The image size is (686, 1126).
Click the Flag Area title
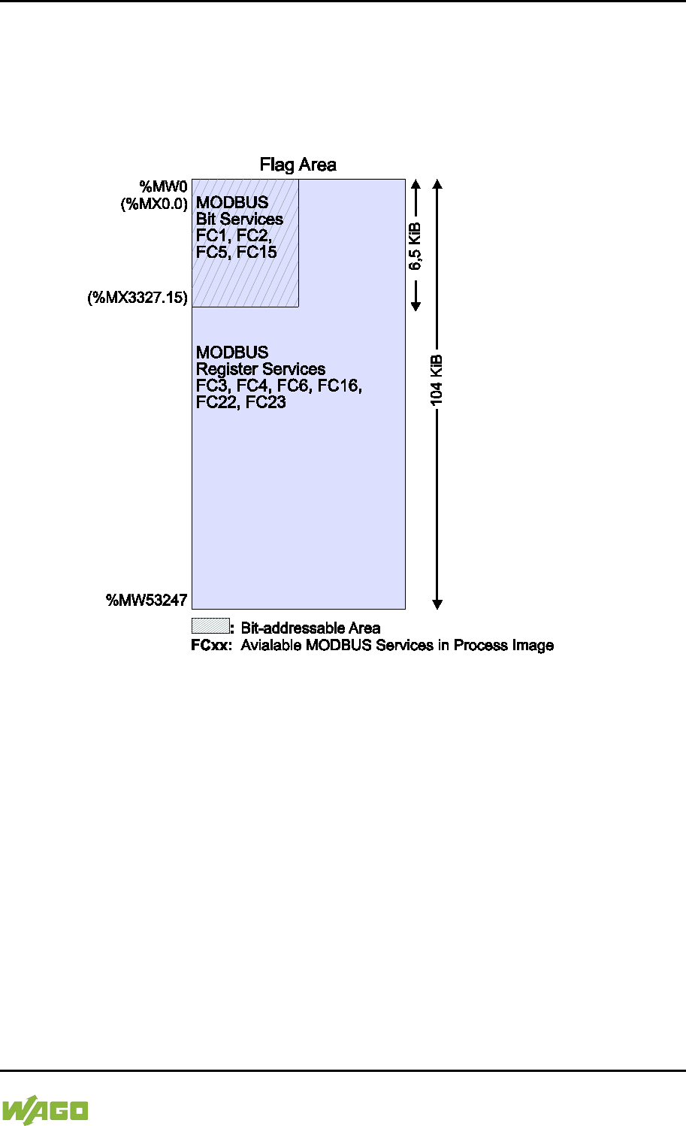tap(298, 165)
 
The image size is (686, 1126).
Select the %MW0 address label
tap(163, 186)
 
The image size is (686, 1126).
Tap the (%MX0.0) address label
tap(154, 203)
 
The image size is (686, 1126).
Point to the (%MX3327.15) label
tap(138, 298)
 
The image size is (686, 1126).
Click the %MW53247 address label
tap(147, 600)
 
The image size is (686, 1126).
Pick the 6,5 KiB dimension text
tap(416, 247)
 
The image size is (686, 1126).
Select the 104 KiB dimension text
tap(437, 380)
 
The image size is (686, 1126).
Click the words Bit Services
tap(240, 219)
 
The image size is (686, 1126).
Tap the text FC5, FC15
tap(236, 252)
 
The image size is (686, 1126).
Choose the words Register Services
tap(261, 369)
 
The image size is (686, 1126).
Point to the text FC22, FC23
tap(240, 402)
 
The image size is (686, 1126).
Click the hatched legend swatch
tap(210, 626)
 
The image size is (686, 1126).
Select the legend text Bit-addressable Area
tap(310, 628)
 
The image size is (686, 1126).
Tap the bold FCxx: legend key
tap(212, 645)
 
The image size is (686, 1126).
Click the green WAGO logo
tap(45, 1110)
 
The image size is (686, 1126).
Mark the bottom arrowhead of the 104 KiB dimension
tap(437, 604)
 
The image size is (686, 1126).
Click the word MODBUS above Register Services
tap(232, 353)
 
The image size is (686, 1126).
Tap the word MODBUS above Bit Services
tap(232, 203)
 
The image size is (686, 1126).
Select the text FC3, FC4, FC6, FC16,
tap(279, 386)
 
